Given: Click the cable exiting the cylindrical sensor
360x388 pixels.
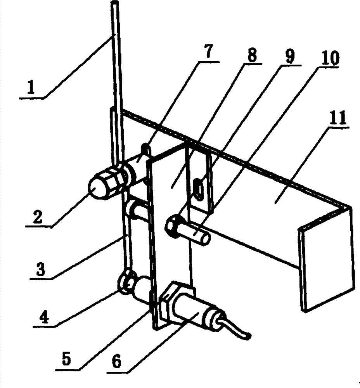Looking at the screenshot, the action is pyautogui.click(x=237, y=330).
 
